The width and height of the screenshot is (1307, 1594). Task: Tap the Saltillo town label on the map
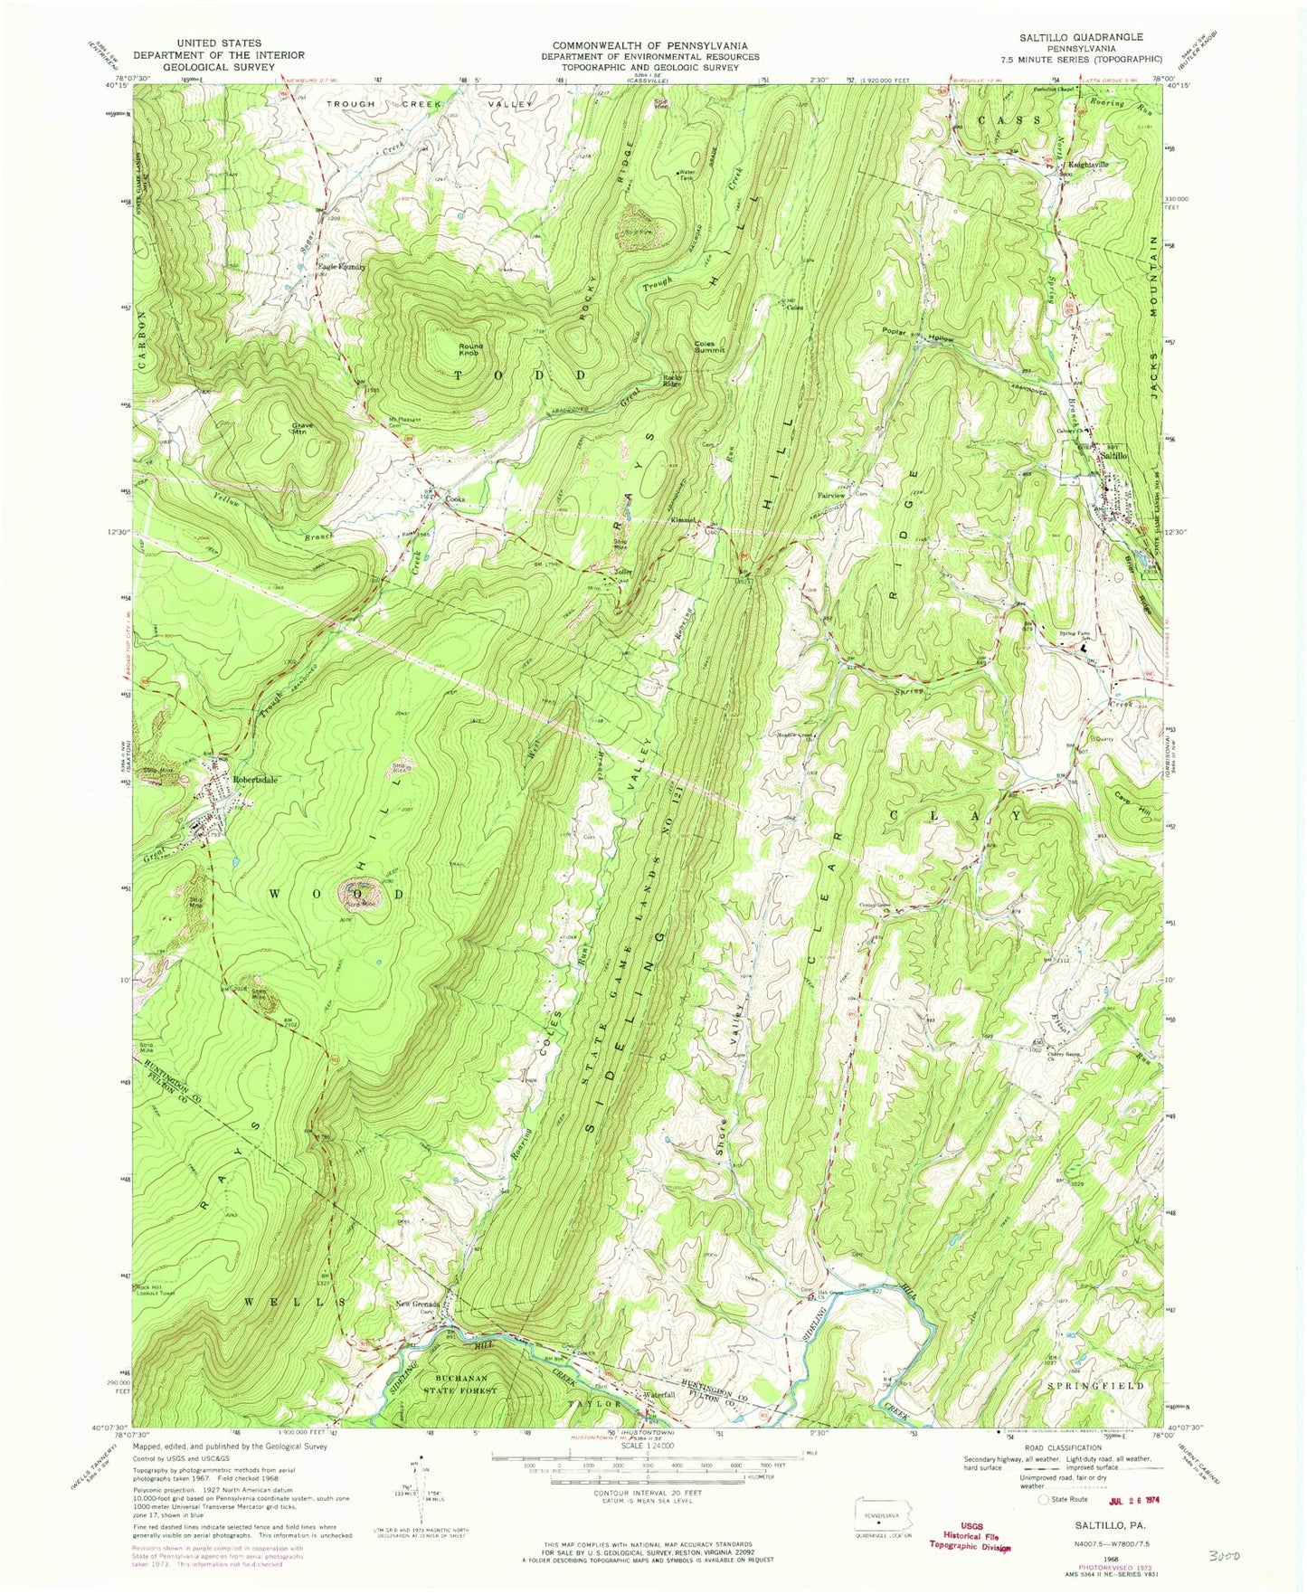point(1113,458)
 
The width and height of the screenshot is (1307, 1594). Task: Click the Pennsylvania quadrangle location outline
point(884,1510)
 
